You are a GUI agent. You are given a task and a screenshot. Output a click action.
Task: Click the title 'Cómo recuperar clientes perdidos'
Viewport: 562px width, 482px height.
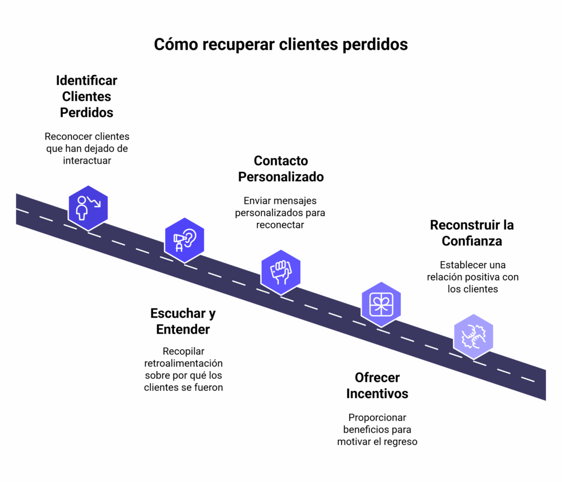[280, 44]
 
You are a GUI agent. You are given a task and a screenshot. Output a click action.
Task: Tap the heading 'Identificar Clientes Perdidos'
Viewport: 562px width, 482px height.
[87, 97]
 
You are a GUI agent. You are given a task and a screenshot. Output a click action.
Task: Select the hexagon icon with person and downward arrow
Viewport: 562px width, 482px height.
[88, 208]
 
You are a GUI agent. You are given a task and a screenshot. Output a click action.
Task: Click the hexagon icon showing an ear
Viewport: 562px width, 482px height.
[184, 240]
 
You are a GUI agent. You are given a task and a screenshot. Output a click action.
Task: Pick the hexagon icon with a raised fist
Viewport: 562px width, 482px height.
[280, 272]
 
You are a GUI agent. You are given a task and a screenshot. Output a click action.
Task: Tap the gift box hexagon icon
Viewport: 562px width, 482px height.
[381, 304]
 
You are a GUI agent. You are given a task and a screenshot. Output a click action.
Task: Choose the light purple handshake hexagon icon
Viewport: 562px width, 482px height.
[473, 336]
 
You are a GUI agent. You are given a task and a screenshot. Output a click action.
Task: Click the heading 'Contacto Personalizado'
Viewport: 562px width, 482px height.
[280, 169]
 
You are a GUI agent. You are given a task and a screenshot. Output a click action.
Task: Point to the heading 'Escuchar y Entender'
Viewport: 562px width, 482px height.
[183, 321]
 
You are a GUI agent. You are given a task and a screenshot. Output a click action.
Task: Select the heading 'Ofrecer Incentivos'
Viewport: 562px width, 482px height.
[377, 385]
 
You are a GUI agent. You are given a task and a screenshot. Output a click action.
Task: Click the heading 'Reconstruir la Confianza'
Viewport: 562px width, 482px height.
[472, 233]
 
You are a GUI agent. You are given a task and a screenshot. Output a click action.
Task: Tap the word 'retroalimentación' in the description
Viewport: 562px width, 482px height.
[183, 363]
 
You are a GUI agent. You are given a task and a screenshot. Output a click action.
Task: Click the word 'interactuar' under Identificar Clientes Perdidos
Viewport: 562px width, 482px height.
[87, 160]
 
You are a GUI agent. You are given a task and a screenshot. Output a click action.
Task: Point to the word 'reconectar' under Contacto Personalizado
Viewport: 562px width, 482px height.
[280, 225]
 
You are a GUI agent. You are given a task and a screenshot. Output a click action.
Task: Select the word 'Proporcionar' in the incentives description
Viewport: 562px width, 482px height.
[377, 417]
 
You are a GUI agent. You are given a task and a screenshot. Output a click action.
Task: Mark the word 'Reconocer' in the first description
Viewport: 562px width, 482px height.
[67, 136]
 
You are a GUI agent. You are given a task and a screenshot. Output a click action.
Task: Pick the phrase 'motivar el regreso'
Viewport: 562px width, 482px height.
[377, 441]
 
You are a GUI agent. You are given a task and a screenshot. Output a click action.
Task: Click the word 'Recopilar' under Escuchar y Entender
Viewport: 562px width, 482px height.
[183, 351]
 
